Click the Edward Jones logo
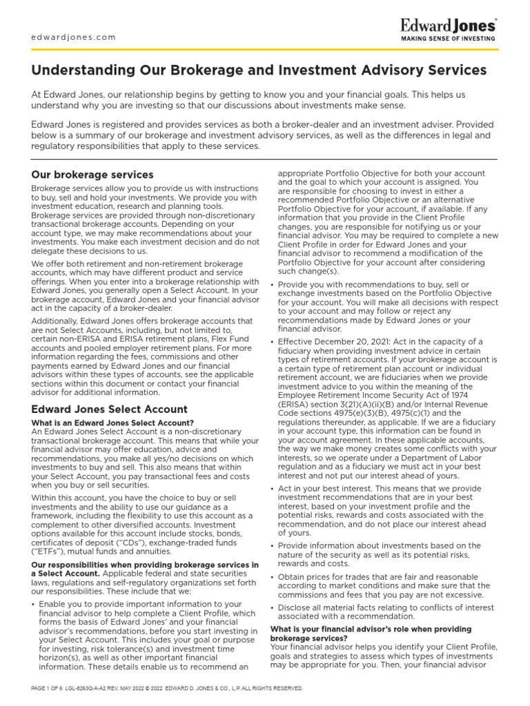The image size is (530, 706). click(448, 26)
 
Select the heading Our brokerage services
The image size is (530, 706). click(92, 174)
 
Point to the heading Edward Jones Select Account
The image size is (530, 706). click(109, 409)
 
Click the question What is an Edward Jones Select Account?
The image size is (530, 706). click(112, 423)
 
